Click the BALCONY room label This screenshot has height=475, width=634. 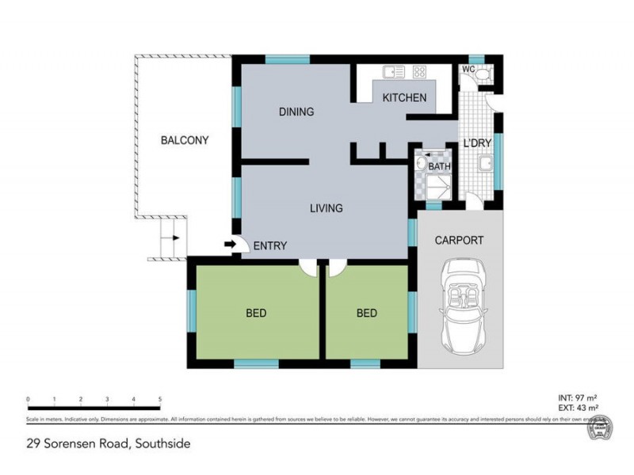[185, 141]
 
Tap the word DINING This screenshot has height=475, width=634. [296, 112]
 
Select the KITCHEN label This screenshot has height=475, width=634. [404, 98]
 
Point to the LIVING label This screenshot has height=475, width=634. [326, 209]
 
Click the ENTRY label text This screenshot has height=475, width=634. [270, 246]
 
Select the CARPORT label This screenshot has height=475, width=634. [459, 240]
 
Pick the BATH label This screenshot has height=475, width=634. [439, 167]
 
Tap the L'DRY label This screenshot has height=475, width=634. [478, 143]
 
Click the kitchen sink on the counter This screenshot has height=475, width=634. [394, 73]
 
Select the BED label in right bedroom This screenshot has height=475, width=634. [366, 313]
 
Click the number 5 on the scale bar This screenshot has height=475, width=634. [161, 400]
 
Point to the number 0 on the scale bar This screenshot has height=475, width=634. [28, 400]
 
